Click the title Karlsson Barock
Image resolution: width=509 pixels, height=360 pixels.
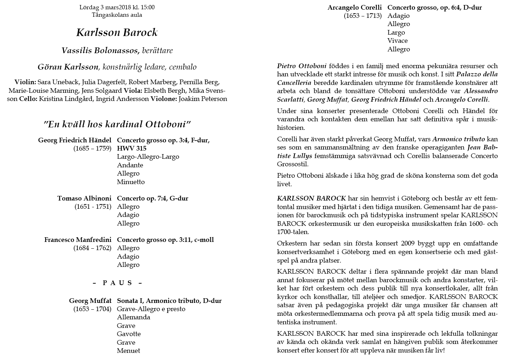[x=117, y=33]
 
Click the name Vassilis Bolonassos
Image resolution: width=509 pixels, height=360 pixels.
[x=100, y=51]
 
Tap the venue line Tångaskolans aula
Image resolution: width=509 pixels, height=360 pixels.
[x=117, y=15]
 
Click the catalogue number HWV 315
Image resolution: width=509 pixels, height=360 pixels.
[x=132, y=148]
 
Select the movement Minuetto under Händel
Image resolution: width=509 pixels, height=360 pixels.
[x=131, y=182]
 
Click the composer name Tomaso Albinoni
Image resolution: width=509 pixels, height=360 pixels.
[x=84, y=198]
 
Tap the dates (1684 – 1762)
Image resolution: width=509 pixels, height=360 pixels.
[x=92, y=248]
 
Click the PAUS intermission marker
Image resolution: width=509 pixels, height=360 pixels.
[x=117, y=283]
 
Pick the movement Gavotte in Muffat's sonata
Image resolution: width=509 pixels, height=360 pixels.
[x=129, y=334]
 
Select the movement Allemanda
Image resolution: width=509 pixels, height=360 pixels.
[x=133, y=317]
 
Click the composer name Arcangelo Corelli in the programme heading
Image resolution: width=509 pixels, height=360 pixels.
[x=355, y=7]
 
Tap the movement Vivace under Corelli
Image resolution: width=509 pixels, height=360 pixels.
[x=397, y=41]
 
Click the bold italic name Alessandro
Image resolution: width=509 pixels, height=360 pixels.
[x=481, y=91]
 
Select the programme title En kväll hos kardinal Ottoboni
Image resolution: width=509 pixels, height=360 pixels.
[x=117, y=125]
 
